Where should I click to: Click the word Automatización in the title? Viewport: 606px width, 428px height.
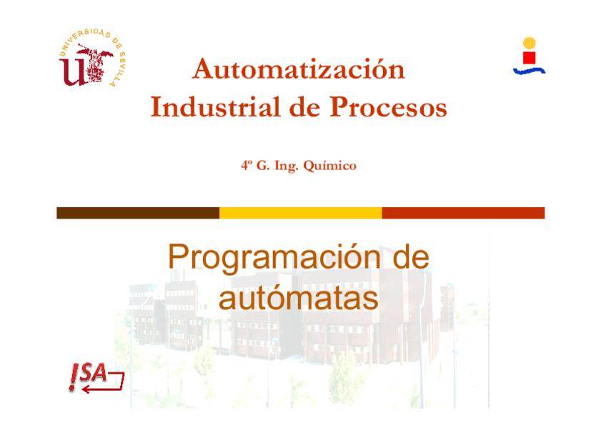click(x=299, y=69)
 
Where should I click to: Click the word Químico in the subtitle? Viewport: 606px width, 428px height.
click(x=329, y=166)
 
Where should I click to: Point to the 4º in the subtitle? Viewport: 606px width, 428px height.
click(x=247, y=166)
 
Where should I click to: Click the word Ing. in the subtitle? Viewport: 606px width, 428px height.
click(x=285, y=166)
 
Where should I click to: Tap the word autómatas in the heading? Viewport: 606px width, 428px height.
click(x=298, y=298)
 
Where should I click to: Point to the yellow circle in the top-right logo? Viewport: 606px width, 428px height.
click(x=529, y=43)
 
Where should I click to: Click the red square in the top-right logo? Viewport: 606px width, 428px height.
click(x=529, y=57)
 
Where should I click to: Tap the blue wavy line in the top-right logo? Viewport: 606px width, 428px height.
click(x=529, y=71)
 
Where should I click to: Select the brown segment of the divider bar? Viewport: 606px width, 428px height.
click(x=138, y=213)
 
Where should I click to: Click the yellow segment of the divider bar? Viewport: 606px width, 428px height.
click(x=300, y=213)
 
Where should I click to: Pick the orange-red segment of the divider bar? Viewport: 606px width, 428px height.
click(x=463, y=213)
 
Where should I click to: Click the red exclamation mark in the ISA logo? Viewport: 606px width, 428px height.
click(x=74, y=377)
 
